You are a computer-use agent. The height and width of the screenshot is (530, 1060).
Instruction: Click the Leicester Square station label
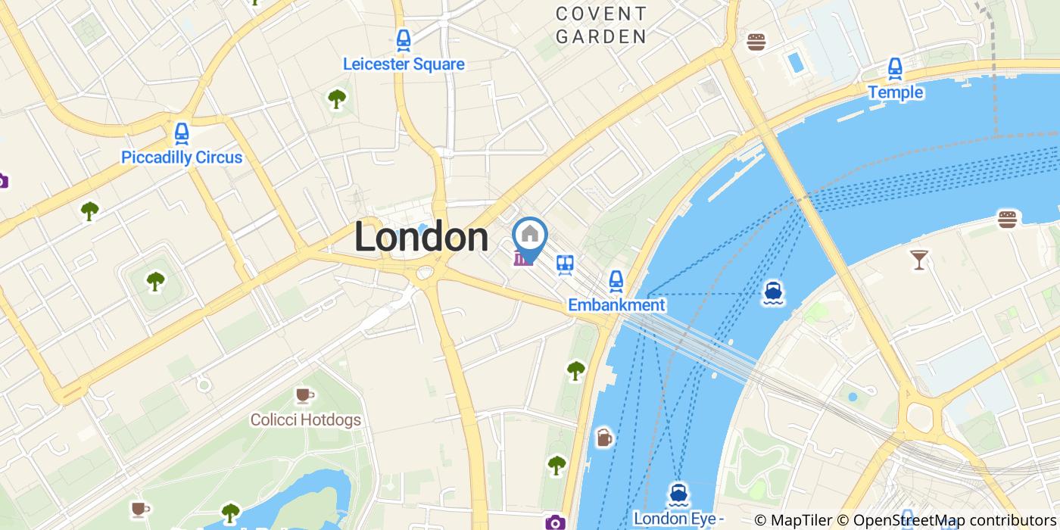point(404,64)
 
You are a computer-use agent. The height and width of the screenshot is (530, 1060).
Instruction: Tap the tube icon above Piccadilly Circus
point(181,133)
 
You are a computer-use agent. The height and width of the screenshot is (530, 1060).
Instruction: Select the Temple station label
point(895,92)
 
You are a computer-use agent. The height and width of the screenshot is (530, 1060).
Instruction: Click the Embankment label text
point(616,305)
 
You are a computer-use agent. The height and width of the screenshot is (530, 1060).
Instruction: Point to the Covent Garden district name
point(601,25)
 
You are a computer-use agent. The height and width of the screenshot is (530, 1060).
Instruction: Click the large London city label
point(421,238)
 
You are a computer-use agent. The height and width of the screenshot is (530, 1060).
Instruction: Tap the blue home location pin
point(530,236)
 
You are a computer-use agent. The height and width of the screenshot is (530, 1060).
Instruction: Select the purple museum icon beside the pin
point(521,259)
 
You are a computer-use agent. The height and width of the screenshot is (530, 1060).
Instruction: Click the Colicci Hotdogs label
point(306,419)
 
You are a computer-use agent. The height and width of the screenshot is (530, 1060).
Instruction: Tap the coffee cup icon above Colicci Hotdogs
point(304,394)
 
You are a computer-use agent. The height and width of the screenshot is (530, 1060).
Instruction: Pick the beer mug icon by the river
point(603,437)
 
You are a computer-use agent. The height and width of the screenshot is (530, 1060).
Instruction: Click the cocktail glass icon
point(918,260)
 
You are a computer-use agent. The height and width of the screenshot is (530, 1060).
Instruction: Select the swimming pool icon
point(794,61)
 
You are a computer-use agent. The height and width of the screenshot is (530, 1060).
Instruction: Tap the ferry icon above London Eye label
point(678,494)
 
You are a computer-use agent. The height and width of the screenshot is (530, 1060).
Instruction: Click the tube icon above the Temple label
point(895,69)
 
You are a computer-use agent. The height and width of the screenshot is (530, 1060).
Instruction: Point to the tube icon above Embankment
point(616,282)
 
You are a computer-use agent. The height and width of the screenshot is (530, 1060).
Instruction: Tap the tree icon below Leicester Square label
point(336,98)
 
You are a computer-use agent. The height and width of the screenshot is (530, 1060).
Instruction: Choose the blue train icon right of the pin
point(565,264)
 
